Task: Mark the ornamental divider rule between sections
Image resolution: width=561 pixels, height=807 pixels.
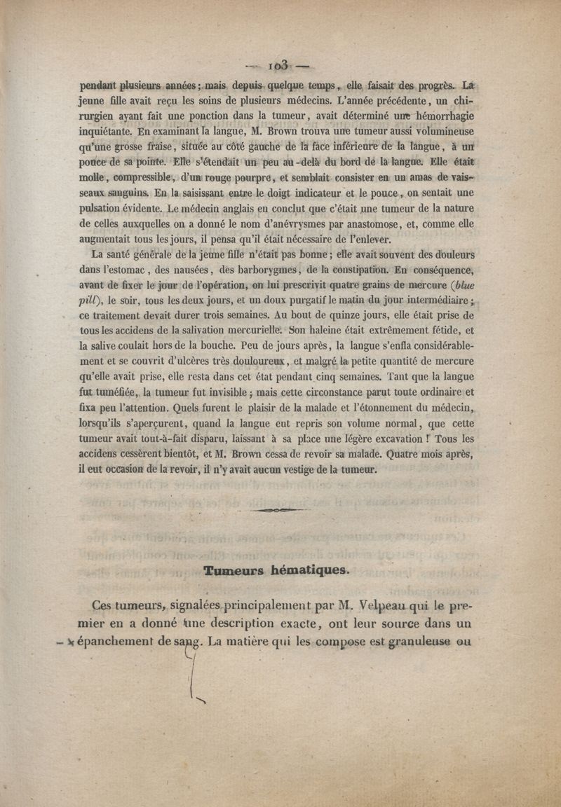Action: [279, 511]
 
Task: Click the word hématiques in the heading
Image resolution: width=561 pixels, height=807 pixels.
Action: [313, 570]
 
